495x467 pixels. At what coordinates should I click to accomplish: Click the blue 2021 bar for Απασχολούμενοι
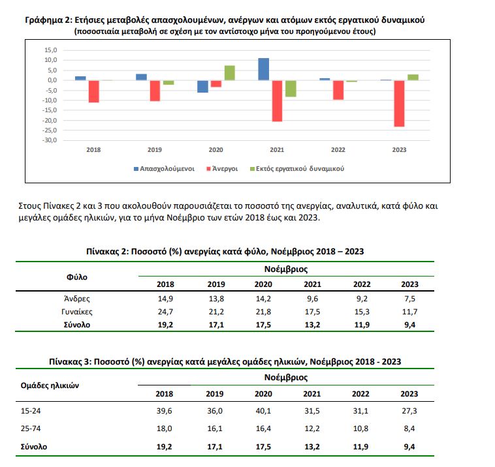[x=263, y=69]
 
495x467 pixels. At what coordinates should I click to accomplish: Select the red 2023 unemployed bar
[x=398, y=103]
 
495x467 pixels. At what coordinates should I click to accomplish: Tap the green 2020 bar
[x=229, y=73]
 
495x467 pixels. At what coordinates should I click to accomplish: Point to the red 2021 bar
[x=277, y=100]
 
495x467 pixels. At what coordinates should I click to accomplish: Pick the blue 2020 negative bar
[x=202, y=86]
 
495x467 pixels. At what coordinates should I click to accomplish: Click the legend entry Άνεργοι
[x=221, y=168]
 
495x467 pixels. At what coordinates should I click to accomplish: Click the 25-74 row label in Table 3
[x=31, y=429]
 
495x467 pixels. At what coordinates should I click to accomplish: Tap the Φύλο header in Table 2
[x=76, y=277]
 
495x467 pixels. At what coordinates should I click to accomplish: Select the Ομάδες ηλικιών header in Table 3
[x=50, y=385]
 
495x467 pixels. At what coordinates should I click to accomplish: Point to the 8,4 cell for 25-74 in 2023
[x=409, y=429]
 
